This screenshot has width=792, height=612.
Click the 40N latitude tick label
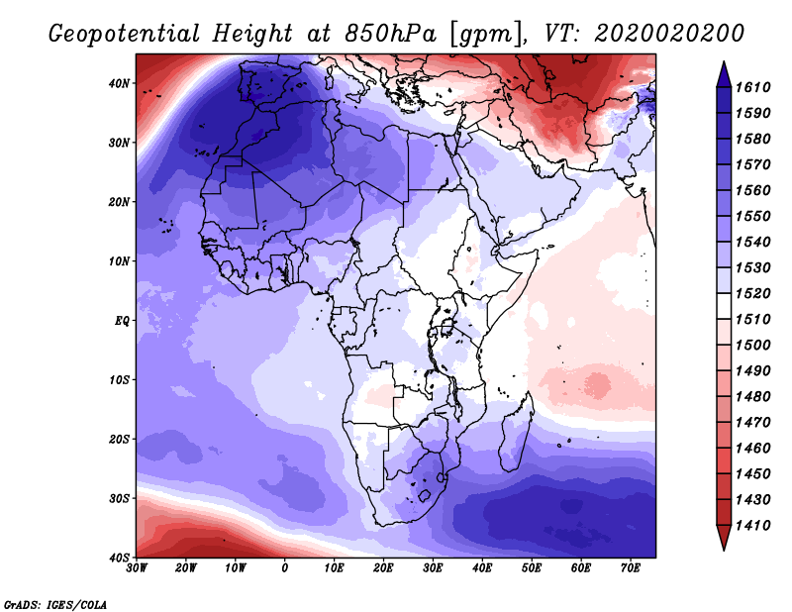[119, 83]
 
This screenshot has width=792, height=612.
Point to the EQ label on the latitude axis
[122, 321]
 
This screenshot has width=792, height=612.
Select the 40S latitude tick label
[119, 558]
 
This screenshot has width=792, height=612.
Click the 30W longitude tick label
[137, 568]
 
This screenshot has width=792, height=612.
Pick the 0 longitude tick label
[285, 568]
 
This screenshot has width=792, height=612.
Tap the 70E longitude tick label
[630, 568]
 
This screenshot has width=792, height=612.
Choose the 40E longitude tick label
[482, 568]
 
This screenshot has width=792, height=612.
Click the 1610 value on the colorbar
[752, 87]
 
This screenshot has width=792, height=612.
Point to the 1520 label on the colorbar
[752, 293]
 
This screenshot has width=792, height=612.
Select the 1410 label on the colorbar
[752, 526]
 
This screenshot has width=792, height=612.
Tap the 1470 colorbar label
[752, 423]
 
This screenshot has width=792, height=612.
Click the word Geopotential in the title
[125, 35]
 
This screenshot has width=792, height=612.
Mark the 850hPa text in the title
[390, 34]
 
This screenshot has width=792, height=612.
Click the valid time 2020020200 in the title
[669, 34]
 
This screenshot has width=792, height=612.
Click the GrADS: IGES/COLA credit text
[55, 605]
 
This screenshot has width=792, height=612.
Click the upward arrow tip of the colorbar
[724, 62]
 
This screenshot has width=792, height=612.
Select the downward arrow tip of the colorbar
[724, 550]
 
